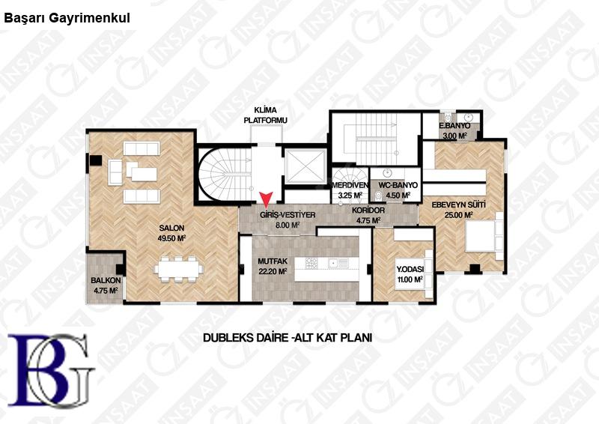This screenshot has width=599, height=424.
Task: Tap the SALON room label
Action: pyautogui.click(x=171, y=228)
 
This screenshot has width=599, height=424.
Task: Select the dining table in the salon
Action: pyautogui.click(x=178, y=269)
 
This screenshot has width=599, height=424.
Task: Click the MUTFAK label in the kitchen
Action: pyautogui.click(x=273, y=262)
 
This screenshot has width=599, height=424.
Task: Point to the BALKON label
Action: pyautogui.click(x=106, y=280)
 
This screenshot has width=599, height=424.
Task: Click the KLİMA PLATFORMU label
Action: pyautogui.click(x=266, y=115)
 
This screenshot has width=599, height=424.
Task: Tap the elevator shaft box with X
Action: pyautogui.click(x=305, y=166)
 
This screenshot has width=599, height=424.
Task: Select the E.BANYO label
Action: pyautogui.click(x=454, y=126)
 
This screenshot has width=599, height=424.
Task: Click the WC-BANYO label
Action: pyautogui.click(x=398, y=185)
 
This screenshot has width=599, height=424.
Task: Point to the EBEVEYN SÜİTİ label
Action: pyautogui.click(x=458, y=205)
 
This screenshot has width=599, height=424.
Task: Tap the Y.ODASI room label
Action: pyautogui.click(x=410, y=269)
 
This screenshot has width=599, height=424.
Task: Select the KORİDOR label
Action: pyautogui.click(x=368, y=211)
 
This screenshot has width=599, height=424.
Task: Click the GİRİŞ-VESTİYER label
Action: pyautogui.click(x=288, y=215)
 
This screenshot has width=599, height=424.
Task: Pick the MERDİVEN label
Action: pyautogui.click(x=350, y=185)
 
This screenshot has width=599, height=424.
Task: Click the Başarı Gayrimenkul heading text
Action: pyautogui.click(x=67, y=18)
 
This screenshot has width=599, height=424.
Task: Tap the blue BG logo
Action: pyautogui.click(x=51, y=369)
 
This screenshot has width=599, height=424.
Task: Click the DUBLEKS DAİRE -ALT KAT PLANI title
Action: pyautogui.click(x=288, y=338)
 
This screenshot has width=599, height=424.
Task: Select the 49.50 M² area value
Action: pyautogui.click(x=171, y=238)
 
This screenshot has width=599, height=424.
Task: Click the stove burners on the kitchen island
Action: pyautogui.click(x=311, y=263)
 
